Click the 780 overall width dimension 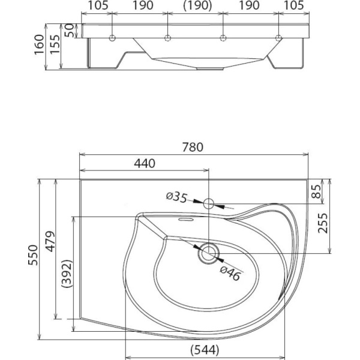click(x=194, y=147)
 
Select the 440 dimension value click(x=145, y=163)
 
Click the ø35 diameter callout click(x=176, y=196)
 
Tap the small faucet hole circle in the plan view click(x=209, y=204)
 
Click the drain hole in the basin click(x=208, y=253)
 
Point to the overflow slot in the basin click(x=184, y=220)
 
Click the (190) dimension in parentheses click(x=196, y=6)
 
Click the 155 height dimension click(x=54, y=45)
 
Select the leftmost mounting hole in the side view click(x=112, y=39)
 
